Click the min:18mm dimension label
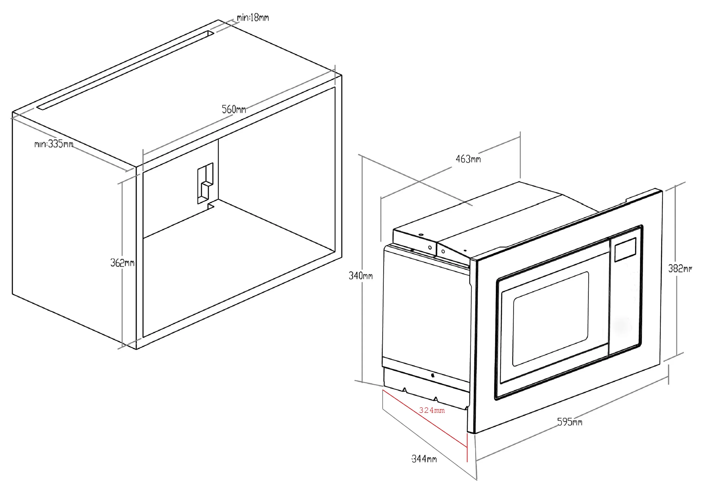[x=253, y=18]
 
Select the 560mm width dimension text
[x=234, y=109]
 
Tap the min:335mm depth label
[x=54, y=144]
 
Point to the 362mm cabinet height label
[x=122, y=263]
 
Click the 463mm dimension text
[x=468, y=159]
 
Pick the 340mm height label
[x=360, y=276]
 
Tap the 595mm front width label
[x=569, y=422]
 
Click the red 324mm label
[x=432, y=410]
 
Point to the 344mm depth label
[x=424, y=459]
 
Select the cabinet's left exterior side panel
[x=74, y=233]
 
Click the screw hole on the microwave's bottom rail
[x=433, y=375]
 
